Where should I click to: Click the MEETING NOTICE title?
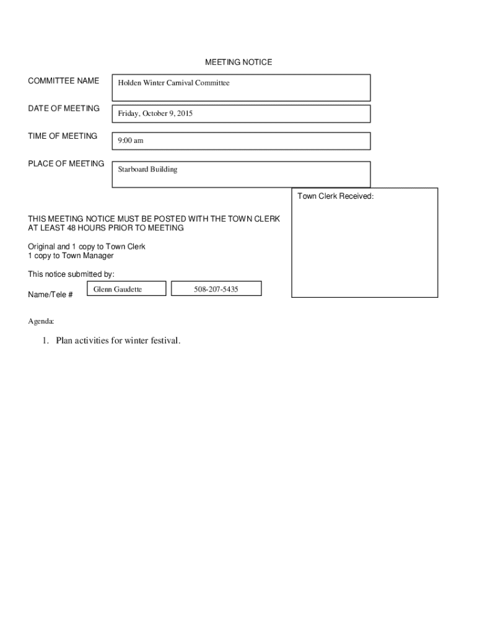coord(239,63)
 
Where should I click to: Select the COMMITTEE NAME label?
coord(63,81)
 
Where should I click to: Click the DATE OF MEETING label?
coord(64,108)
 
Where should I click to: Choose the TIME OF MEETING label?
coord(63,136)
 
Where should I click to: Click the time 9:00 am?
coord(130,141)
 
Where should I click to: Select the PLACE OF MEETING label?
coord(66,163)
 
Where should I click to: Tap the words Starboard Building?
coord(147,169)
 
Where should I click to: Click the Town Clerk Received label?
coord(335,196)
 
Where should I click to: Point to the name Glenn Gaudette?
coord(118,289)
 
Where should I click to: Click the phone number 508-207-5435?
coord(216,289)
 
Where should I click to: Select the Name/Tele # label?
coord(50,295)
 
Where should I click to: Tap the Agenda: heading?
coord(41,322)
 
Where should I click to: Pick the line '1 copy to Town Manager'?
coord(71,256)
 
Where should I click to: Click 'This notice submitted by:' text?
coord(71,274)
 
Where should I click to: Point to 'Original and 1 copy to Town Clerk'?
coord(87,246)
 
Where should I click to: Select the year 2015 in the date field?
coord(184,114)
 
